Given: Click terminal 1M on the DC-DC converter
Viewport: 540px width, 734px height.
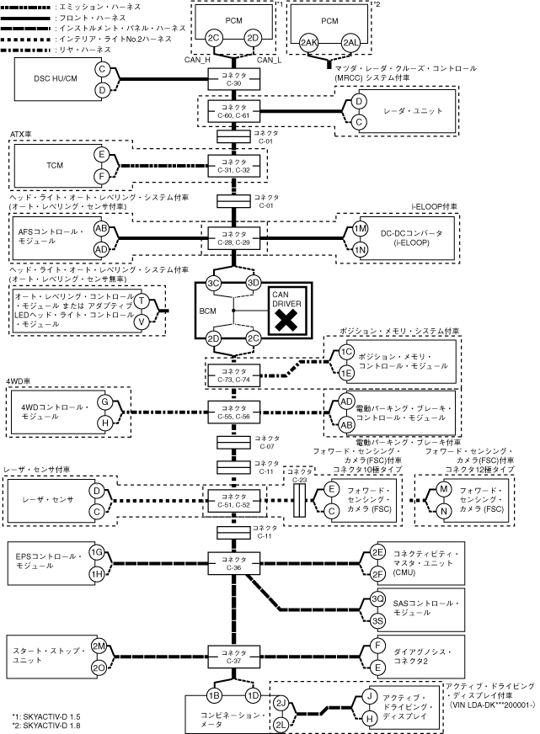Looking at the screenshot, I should click(x=361, y=230).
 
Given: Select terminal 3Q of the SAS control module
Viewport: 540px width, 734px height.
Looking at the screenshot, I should click(x=378, y=598).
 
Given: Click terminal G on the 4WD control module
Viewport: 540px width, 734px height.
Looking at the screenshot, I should click(x=104, y=402).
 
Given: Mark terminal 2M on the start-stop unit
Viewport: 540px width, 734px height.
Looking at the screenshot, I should click(x=98, y=646).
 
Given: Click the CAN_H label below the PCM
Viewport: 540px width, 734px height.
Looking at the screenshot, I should click(x=197, y=60).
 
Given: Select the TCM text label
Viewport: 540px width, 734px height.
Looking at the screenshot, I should click(x=55, y=165).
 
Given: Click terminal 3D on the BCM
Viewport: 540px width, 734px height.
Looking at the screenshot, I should click(x=253, y=283).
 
